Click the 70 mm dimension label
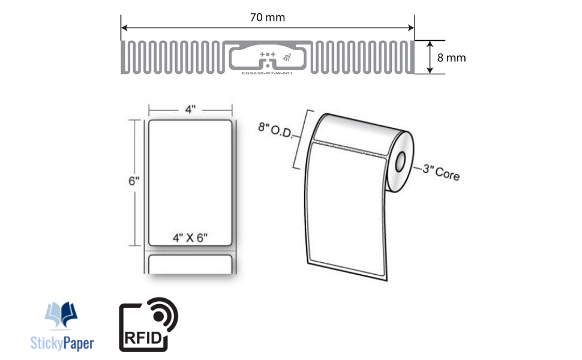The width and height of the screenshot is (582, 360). click(267, 17)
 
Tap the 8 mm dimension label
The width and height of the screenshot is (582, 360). click(451, 58)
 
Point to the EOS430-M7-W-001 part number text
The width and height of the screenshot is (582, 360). click(267, 73)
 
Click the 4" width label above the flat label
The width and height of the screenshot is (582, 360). click(190, 110)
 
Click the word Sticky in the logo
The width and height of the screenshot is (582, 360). click(47, 343)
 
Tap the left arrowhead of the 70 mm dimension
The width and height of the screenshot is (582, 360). click(124, 27)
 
